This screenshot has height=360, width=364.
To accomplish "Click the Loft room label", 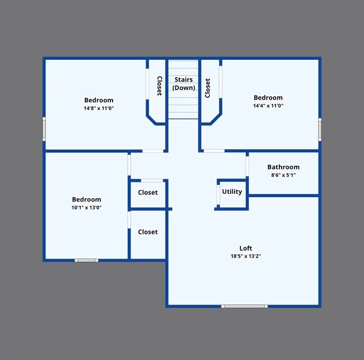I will click(245, 248).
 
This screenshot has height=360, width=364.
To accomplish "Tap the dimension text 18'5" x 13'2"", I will click(245, 256).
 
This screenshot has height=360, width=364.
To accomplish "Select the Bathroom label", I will click(283, 167).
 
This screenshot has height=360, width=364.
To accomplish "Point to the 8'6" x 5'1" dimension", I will click(283, 175).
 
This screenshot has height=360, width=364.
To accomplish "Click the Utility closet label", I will click(232, 191).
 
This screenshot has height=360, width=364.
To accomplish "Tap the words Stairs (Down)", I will click(183, 83).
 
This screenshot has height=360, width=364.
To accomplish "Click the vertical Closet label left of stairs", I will click(159, 86).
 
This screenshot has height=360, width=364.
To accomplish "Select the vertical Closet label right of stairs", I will click(207, 88).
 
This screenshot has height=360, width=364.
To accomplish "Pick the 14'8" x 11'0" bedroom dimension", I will click(99, 108).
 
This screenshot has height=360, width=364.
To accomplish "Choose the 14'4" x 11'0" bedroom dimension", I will click(268, 105).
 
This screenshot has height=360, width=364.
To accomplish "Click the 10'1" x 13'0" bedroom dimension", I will click(86, 207).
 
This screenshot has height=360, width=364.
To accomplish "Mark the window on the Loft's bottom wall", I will click(244, 306).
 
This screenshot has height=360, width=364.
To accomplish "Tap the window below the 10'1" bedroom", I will click(87, 260).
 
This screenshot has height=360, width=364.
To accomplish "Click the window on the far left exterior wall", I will click(44, 129).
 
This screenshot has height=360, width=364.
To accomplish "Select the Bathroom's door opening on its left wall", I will click(247, 166).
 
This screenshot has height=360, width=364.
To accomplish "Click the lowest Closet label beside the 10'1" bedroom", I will click(148, 232).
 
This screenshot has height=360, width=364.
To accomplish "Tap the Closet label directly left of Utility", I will click(148, 192).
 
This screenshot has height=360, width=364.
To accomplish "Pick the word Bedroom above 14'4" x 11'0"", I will click(268, 97).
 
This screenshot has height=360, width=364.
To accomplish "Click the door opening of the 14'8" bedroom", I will click(153, 151).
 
